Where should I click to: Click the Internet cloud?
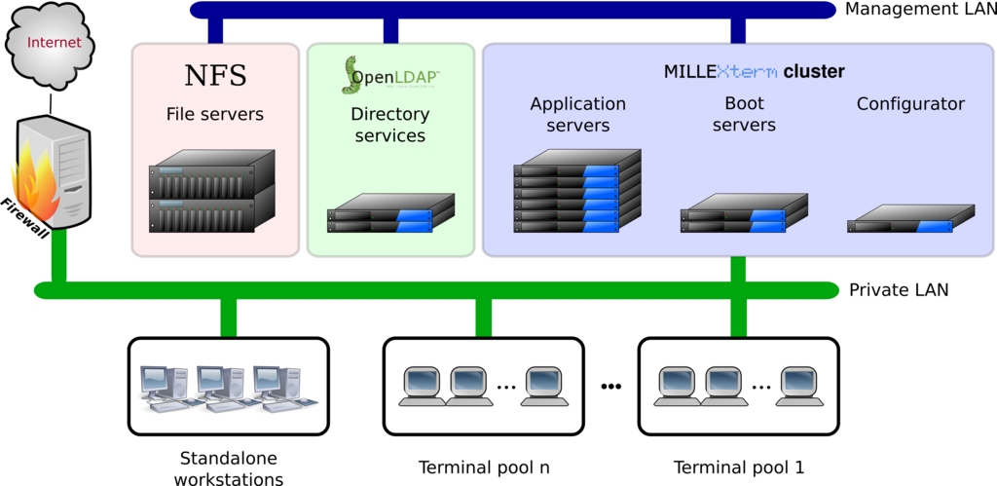point(54,44)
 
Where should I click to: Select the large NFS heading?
point(215,75)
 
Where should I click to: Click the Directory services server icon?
point(391,213)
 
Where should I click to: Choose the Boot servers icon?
point(744,213)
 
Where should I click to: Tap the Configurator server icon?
point(910,219)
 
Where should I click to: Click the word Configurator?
point(910,103)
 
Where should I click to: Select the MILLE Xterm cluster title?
point(755,72)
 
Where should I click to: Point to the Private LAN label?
point(899,289)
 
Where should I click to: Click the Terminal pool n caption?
point(484,467)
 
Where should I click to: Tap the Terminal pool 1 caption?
point(739,467)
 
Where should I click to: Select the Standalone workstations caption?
point(229,467)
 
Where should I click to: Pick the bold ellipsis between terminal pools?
point(610,387)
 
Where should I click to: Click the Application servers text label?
point(577,114)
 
